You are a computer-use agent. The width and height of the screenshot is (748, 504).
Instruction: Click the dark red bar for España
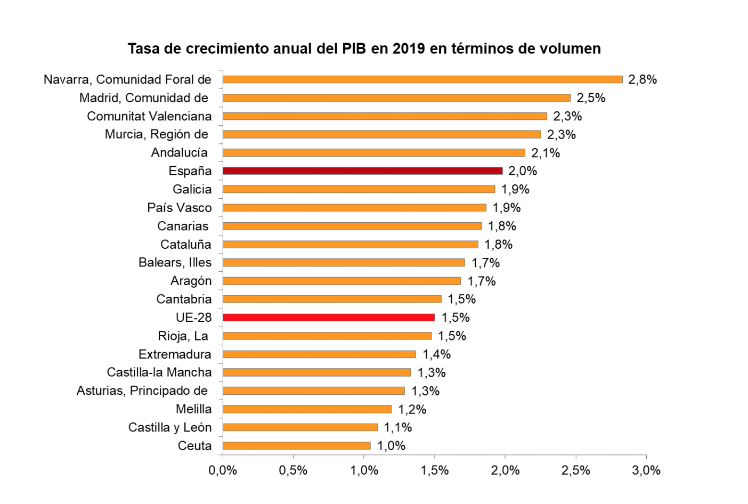pyautogui.click(x=362, y=171)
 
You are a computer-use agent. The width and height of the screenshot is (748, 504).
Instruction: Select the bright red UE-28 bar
pyautogui.click(x=328, y=318)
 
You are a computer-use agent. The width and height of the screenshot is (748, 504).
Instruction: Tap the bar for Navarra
pyautogui.click(x=422, y=79)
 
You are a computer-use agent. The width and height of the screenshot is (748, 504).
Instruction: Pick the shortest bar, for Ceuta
pyautogui.click(x=296, y=445)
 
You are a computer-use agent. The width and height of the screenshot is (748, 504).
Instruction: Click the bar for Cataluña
pyautogui.click(x=350, y=245)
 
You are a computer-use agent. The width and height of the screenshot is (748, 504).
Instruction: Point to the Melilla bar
pyautogui.click(x=307, y=409)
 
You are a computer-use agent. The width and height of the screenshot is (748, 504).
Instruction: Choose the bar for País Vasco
pyautogui.click(x=354, y=208)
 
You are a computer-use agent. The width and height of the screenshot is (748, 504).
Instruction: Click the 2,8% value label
pyautogui.click(x=643, y=80)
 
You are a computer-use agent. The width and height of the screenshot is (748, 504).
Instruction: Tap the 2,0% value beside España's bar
pyautogui.click(x=523, y=171)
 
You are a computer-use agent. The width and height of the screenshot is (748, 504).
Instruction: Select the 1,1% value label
pyautogui.click(x=398, y=427)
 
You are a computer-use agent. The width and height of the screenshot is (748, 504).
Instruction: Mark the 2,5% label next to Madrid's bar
pyautogui.click(x=591, y=98)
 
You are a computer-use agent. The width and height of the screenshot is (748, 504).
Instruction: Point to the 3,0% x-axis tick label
pyautogui.click(x=646, y=470)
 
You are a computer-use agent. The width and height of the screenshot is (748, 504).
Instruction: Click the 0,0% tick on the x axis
pyautogui.click(x=223, y=470)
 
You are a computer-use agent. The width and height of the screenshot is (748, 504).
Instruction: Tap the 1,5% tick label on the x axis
pyautogui.click(x=434, y=470)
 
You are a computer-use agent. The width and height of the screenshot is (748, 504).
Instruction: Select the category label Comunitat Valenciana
pyautogui.click(x=149, y=116)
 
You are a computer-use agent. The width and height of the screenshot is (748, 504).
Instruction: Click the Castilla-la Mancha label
pyautogui.click(x=159, y=372)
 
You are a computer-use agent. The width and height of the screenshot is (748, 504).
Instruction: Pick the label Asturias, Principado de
pyautogui.click(x=142, y=391)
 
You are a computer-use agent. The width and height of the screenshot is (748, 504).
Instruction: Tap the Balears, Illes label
pyautogui.click(x=175, y=263)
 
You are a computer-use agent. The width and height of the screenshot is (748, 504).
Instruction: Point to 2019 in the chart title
pyautogui.click(x=409, y=49)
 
